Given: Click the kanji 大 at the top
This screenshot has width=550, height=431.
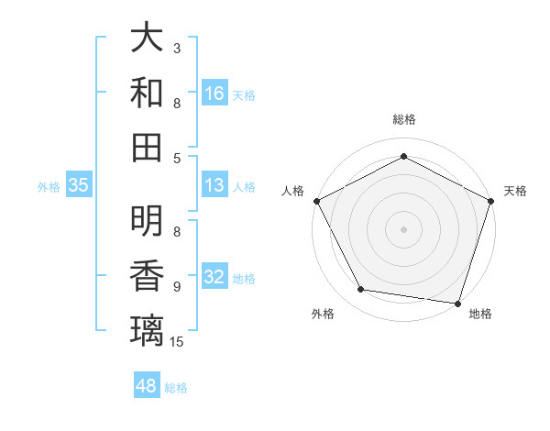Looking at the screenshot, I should [147, 39].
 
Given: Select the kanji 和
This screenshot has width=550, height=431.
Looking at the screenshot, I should [147, 93].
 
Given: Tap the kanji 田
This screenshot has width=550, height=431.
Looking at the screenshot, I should [147, 147].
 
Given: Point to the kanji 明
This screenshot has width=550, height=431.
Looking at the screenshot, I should [147, 221].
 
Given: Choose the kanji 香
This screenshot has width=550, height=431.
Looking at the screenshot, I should [147, 276].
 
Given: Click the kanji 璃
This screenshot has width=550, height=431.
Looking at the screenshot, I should [147, 330].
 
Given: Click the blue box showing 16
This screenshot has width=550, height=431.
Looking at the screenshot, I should [214, 93].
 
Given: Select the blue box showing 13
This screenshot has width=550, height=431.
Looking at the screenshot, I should [214, 186].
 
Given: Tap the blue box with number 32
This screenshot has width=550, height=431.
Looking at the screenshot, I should [214, 278].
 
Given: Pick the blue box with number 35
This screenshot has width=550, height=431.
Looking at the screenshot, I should [78, 186].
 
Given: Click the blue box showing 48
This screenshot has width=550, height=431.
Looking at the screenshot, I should [147, 386].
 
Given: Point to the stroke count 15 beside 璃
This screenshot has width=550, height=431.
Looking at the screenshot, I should [178, 342].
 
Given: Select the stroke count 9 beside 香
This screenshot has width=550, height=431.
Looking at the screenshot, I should [177, 287].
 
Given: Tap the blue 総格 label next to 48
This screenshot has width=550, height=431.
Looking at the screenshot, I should [176, 388].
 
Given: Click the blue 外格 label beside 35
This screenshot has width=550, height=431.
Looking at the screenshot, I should [49, 187].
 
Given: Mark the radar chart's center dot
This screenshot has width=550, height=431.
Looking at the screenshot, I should [403, 227].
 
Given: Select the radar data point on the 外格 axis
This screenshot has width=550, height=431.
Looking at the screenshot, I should [361, 290].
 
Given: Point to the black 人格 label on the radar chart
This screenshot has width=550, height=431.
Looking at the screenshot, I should [293, 191].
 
